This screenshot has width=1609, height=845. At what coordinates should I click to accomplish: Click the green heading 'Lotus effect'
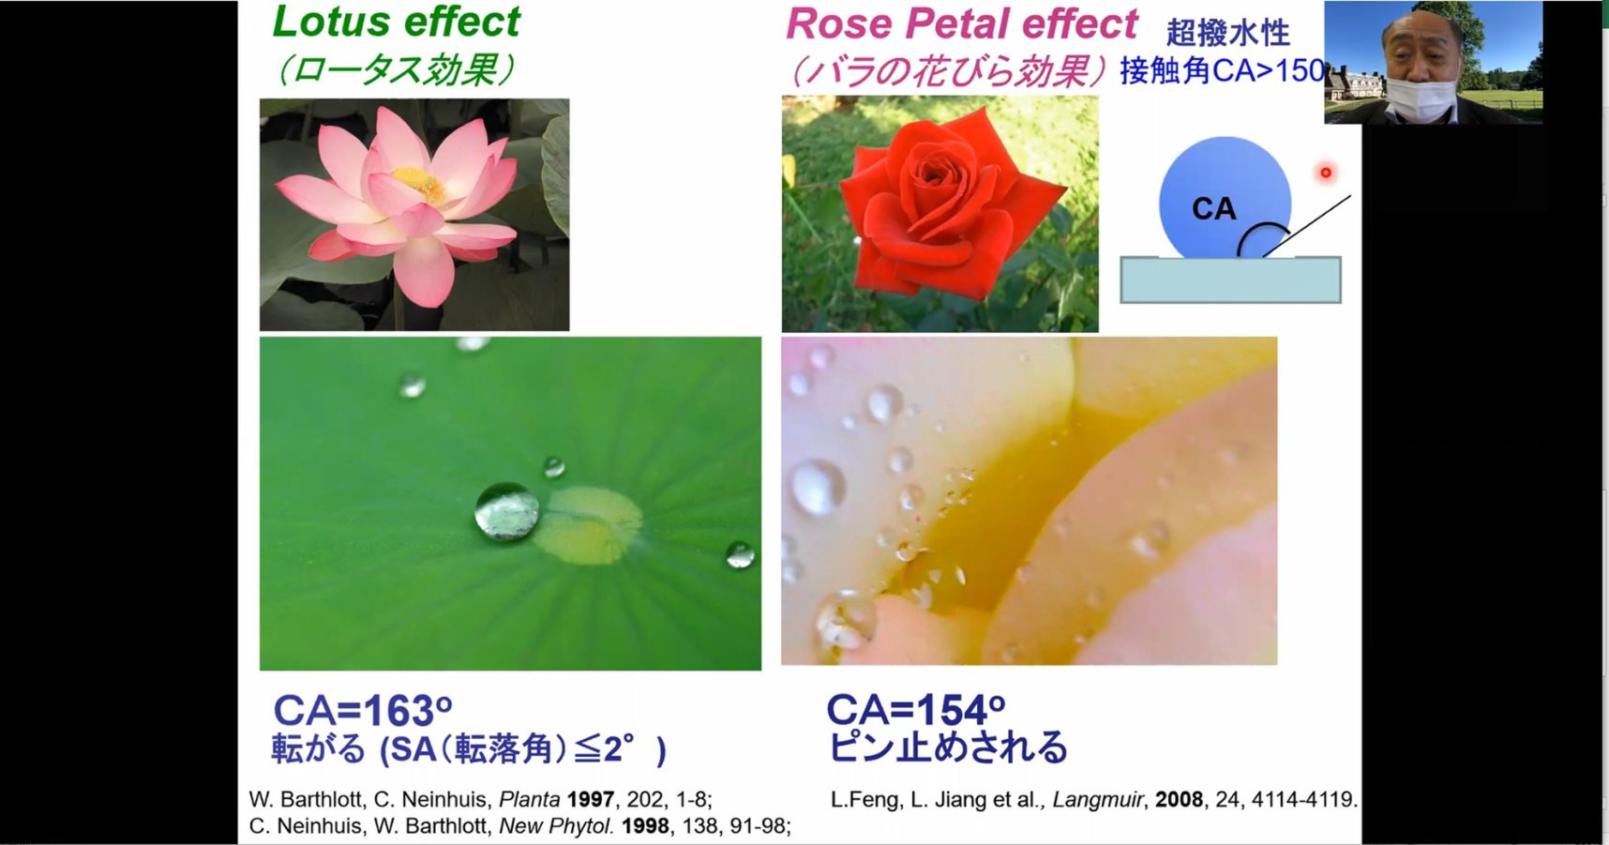click(x=396, y=23)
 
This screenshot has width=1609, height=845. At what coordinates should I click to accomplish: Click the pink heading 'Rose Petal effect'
click(x=962, y=24)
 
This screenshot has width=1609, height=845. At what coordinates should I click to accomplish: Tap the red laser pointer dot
click(x=1325, y=173)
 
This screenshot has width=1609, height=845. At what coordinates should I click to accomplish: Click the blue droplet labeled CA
click(x=1225, y=199)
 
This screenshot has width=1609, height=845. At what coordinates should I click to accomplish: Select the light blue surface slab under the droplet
click(x=1230, y=279)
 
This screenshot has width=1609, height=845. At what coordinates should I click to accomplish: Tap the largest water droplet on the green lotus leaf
click(x=506, y=511)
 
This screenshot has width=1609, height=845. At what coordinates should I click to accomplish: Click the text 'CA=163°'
click(x=363, y=711)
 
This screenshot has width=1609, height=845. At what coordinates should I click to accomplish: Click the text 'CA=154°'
click(x=916, y=710)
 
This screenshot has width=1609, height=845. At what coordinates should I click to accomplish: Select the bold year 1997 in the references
click(x=591, y=800)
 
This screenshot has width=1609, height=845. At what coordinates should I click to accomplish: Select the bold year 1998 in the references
click(x=645, y=826)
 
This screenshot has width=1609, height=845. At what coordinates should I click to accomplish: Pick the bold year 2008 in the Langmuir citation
click(x=1179, y=800)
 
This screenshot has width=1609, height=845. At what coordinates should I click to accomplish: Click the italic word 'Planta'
click(x=529, y=800)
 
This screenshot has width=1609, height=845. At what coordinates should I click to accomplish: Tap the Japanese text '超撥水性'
click(x=1228, y=33)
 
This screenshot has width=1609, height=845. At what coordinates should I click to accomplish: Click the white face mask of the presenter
click(x=1421, y=98)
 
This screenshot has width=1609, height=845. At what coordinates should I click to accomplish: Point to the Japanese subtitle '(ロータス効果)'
click(x=396, y=69)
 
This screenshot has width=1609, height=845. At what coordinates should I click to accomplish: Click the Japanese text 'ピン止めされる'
click(x=948, y=747)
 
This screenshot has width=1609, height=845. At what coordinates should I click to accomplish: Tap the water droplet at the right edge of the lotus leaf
click(x=739, y=554)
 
